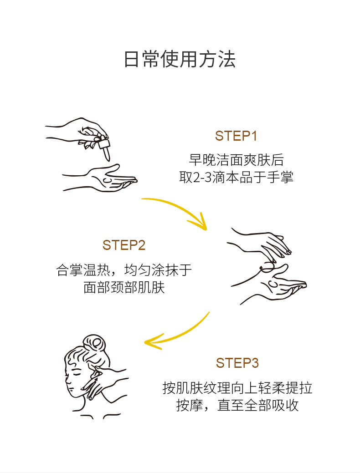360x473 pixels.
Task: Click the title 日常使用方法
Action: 180,60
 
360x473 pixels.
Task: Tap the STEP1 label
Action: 236,136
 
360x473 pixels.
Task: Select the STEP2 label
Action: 123,245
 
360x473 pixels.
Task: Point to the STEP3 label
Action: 237,363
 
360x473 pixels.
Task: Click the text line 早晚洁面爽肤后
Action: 236,160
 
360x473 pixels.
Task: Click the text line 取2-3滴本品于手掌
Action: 236,177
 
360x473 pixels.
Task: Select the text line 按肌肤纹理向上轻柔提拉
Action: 237,388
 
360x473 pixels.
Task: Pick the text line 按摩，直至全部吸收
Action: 237,405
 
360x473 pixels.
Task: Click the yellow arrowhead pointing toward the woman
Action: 153,342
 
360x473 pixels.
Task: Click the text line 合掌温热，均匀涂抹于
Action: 124,270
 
